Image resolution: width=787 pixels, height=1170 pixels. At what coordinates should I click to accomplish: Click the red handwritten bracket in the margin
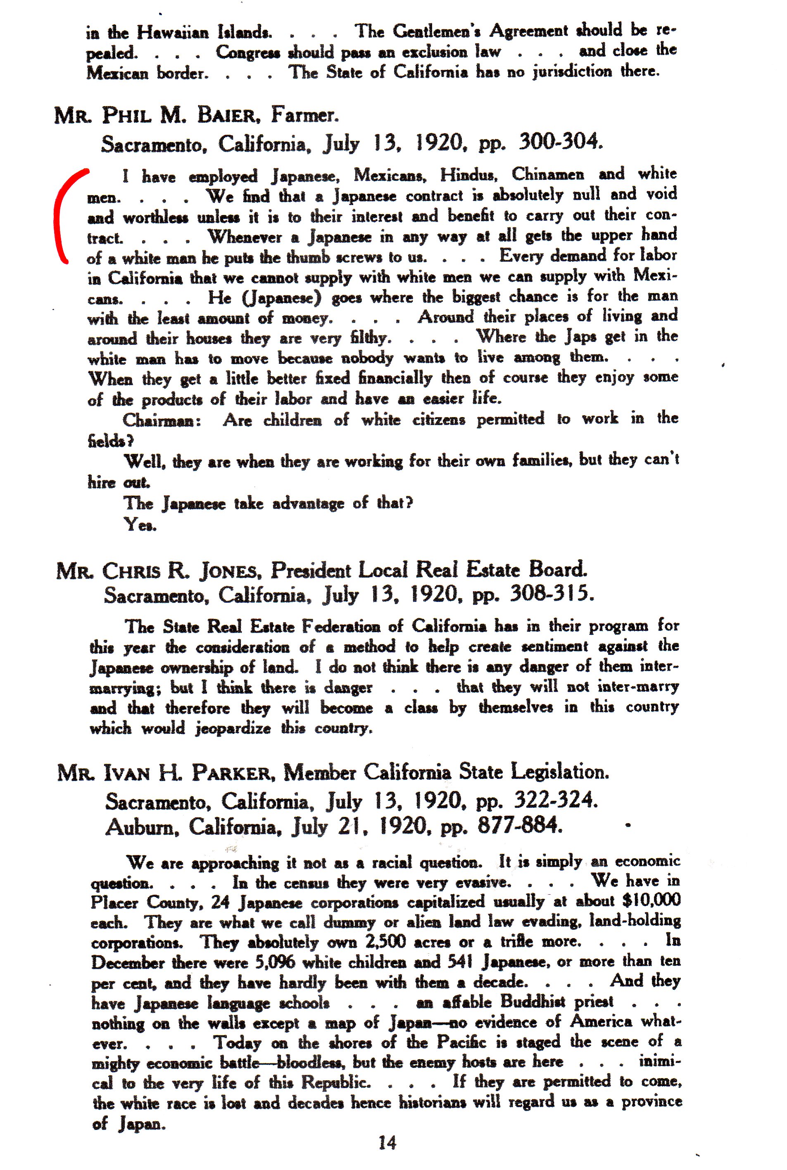(63, 216)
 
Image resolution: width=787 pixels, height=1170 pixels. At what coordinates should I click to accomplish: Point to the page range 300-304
(559, 142)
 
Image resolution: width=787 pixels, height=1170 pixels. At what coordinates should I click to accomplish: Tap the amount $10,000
(651, 900)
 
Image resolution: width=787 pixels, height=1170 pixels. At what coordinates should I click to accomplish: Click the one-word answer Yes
(140, 525)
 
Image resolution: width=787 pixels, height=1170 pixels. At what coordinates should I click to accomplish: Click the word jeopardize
(233, 728)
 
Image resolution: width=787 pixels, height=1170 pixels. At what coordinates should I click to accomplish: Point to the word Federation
(344, 627)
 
